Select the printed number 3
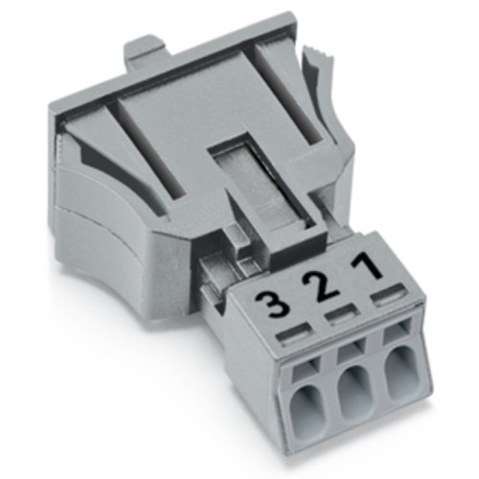274,307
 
